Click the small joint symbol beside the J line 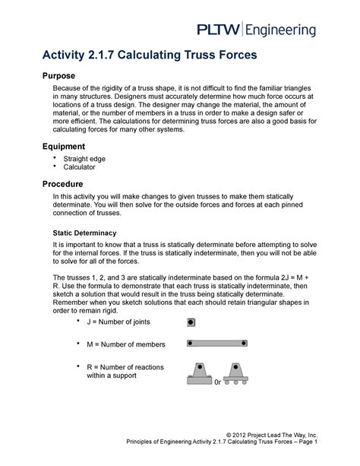191,322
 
